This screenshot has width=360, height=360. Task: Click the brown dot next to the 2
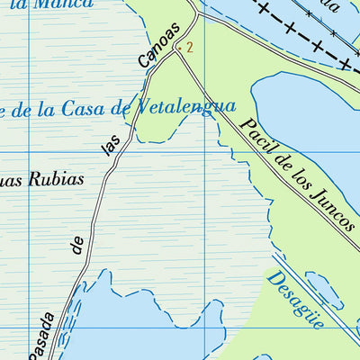click(181, 45)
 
